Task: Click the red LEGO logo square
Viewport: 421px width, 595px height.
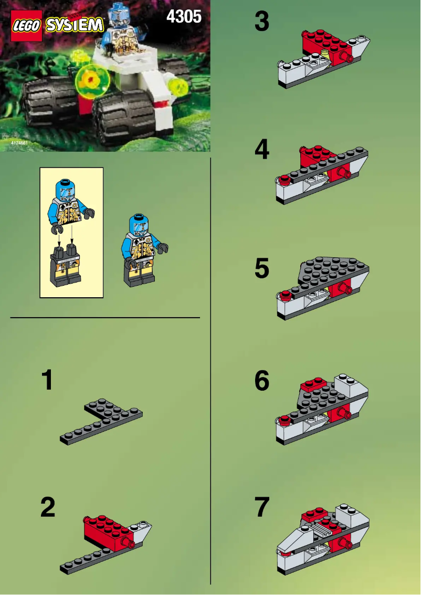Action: pos(26,25)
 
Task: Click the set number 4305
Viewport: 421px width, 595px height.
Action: pos(184,17)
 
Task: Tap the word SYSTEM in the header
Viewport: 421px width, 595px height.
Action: pos(75,25)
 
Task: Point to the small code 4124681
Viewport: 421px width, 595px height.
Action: pos(18,143)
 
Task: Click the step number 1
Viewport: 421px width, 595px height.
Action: pos(47,380)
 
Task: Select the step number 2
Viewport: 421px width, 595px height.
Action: pos(48,507)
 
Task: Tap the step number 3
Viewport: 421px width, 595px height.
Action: pos(261,22)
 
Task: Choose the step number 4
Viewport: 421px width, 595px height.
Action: pos(261,150)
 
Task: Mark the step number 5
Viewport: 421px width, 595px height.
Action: pos(261,268)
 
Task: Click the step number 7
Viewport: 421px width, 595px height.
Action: pos(261,507)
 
